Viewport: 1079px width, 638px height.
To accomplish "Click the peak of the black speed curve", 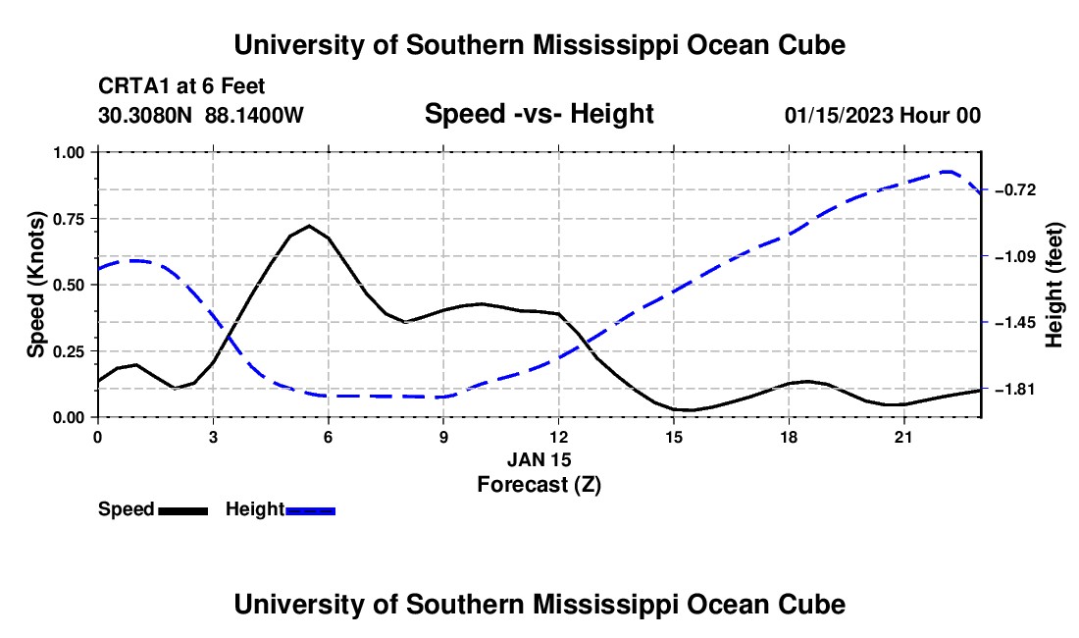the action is [x=309, y=226].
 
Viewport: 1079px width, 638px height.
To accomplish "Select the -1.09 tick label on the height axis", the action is [x=1015, y=257].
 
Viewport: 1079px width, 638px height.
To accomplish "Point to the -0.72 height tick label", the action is [x=1015, y=190].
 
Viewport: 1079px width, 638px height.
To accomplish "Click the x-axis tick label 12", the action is [x=559, y=437].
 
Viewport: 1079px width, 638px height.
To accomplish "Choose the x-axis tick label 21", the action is [x=903, y=437].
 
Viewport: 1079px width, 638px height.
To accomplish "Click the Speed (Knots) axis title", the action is [x=35, y=285].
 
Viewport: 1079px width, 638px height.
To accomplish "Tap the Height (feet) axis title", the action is [x=1053, y=285].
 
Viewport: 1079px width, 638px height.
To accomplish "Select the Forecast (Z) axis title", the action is [x=539, y=485].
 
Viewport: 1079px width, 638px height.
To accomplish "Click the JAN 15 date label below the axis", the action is [x=539, y=459].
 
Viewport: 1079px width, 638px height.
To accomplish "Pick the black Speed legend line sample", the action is [x=183, y=510].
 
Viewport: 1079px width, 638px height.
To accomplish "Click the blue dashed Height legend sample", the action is [x=310, y=510].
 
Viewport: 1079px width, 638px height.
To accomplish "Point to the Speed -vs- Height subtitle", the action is [x=539, y=114].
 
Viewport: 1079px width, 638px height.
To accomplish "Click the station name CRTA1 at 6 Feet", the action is [x=181, y=86].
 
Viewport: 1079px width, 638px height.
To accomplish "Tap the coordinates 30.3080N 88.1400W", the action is [x=201, y=115].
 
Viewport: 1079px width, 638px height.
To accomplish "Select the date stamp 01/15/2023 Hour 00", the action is [x=883, y=115].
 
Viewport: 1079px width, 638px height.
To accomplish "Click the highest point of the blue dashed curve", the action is [x=947, y=172].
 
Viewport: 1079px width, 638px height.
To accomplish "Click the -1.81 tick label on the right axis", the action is [x=1015, y=390].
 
